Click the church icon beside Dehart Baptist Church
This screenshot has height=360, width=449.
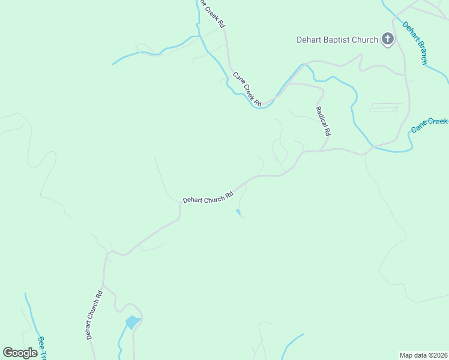388,40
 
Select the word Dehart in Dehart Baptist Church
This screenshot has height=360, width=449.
310,40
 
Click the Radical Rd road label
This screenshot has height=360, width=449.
323,121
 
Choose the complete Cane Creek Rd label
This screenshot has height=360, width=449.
248,89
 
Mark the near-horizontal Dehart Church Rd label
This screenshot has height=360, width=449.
208,198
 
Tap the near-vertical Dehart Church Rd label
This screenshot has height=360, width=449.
94,315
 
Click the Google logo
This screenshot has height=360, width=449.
20,353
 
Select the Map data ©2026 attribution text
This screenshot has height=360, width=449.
423,355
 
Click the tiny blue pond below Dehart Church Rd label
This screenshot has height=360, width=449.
238,211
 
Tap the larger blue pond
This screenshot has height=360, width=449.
132,322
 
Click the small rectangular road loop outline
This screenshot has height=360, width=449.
384,108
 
